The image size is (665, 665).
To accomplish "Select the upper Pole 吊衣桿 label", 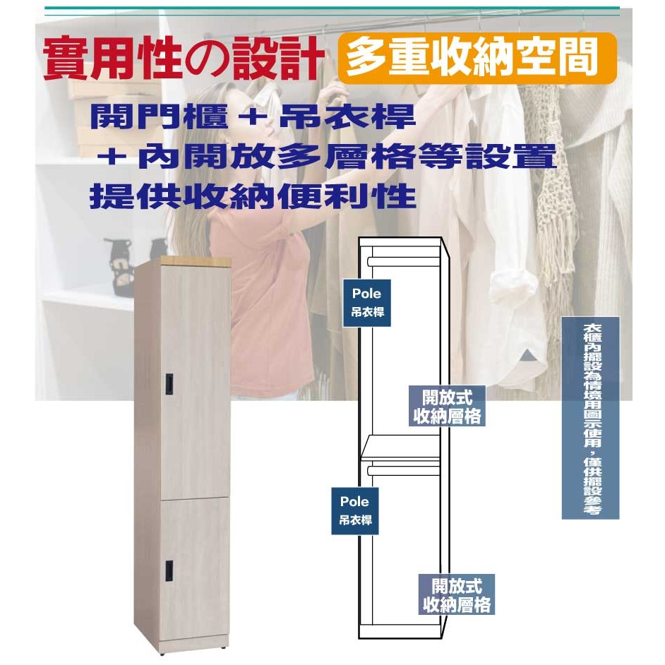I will click(x=367, y=302).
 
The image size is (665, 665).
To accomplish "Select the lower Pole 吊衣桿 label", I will click(x=354, y=511).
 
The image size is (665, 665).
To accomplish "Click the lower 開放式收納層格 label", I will click(x=457, y=594).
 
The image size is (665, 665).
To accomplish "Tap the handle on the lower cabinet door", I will click(x=170, y=568).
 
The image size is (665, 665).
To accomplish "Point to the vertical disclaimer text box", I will click(x=590, y=418).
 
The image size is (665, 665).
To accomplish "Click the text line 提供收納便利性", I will click(x=253, y=196).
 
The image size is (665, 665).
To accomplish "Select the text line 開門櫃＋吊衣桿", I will click(x=253, y=118).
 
